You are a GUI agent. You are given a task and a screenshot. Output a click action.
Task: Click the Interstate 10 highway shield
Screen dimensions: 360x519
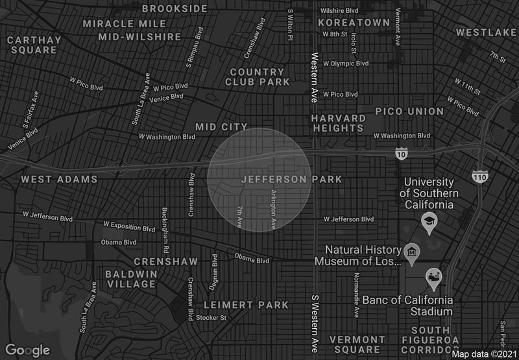pyautogui.click(x=402, y=154)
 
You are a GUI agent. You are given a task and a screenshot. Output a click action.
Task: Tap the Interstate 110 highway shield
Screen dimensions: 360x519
pyautogui.click(x=479, y=176)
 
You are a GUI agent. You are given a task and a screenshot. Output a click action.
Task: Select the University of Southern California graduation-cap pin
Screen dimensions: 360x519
pyautogui.click(x=429, y=223)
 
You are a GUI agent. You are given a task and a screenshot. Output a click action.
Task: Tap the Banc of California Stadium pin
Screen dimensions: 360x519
pyautogui.click(x=433, y=279)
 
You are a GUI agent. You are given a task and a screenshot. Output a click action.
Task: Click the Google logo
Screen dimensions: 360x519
pyautogui.click(x=29, y=350)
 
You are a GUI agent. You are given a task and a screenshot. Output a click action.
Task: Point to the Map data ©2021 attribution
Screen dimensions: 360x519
pyautogui.click(x=484, y=354)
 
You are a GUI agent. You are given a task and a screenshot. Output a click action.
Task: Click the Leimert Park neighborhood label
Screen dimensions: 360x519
pyautogui.click(x=246, y=305)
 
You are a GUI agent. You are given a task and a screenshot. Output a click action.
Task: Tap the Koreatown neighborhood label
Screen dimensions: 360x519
pyautogui.click(x=354, y=22)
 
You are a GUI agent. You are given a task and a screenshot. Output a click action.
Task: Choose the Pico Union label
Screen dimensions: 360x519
pyautogui.click(x=409, y=112)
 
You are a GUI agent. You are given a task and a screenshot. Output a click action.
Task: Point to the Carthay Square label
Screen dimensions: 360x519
pyautogui.click(x=34, y=45)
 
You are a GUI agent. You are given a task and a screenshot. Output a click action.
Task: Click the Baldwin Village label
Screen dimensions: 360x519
pyautogui.click(x=132, y=279)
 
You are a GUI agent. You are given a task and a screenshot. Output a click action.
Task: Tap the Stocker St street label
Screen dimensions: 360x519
pyautogui.click(x=211, y=318)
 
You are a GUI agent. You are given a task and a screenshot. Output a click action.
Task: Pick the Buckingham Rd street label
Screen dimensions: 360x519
pyautogui.click(x=165, y=230)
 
